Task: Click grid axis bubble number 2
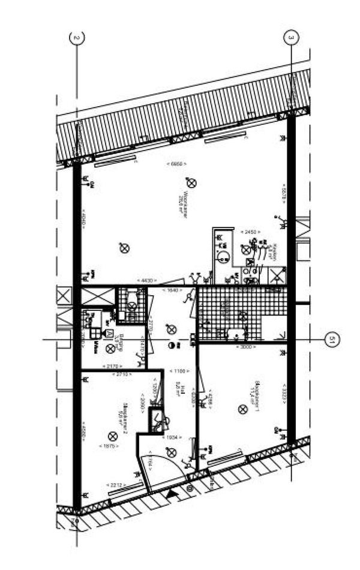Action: point(76,38)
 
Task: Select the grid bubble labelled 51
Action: point(331,340)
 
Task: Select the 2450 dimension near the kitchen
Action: point(248,231)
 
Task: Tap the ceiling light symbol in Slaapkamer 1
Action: point(242,409)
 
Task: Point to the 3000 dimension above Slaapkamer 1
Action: point(245,347)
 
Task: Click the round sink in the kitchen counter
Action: point(223,257)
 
